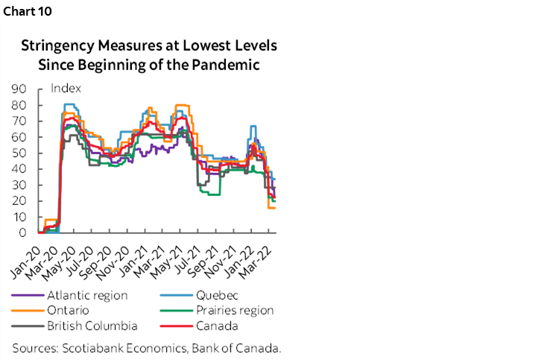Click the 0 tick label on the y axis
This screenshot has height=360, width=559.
tap(23, 233)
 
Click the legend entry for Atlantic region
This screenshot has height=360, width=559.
tap(86, 295)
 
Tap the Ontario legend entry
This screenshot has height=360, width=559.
tap(69, 310)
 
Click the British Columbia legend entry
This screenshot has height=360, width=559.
tap(92, 326)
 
